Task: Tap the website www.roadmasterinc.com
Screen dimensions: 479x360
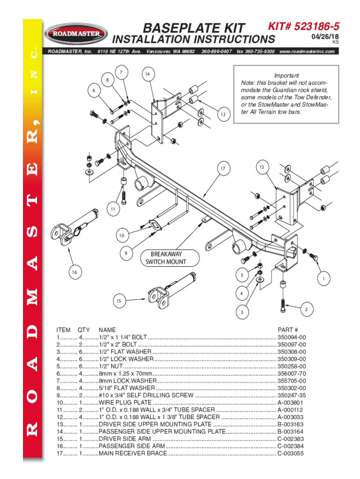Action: pyautogui.click(x=307, y=51)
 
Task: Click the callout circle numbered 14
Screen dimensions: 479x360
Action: pyautogui.click(x=147, y=74)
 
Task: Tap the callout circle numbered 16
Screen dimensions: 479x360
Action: pyautogui.click(x=74, y=272)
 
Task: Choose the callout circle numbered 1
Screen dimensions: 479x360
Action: pyautogui.click(x=321, y=279)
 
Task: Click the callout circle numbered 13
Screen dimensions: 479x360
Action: pyautogui.click(x=262, y=167)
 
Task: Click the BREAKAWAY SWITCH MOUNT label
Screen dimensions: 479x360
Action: pyautogui.click(x=166, y=258)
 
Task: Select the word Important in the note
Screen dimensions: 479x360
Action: pyautogui.click(x=287, y=76)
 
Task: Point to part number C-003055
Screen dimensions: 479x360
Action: pyautogui.click(x=291, y=453)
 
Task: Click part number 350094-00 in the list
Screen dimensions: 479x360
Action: pyautogui.click(x=292, y=337)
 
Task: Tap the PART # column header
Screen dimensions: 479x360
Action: pyautogui.click(x=288, y=330)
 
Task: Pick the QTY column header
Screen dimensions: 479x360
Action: pyautogui.click(x=84, y=330)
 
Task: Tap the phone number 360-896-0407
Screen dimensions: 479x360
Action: pyautogui.click(x=217, y=51)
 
